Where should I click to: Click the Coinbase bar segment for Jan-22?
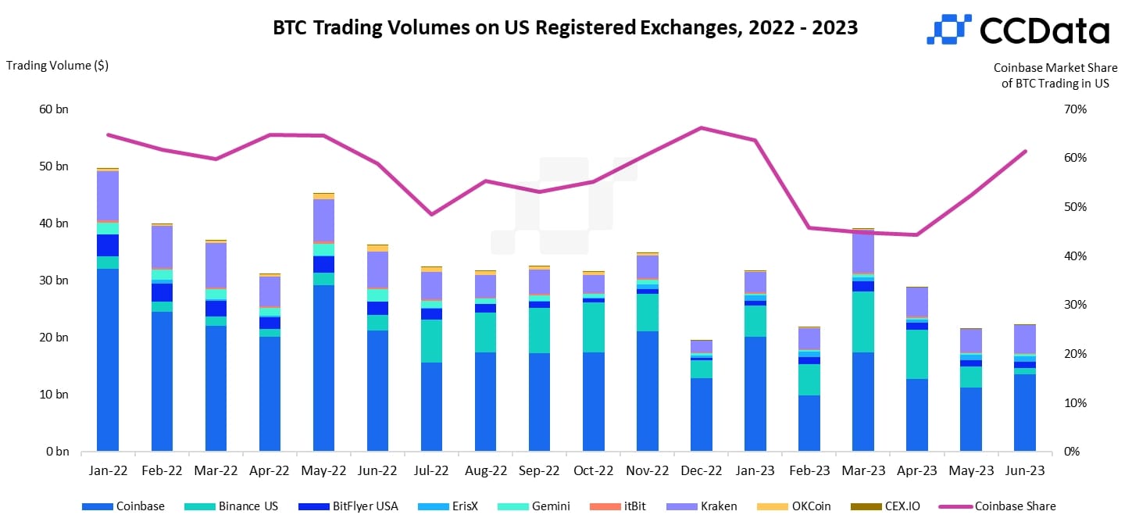pos(108,359)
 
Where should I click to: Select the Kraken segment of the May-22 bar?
pos(323,220)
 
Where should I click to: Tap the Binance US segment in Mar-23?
pos(863,322)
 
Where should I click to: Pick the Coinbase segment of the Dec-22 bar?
pos(702,414)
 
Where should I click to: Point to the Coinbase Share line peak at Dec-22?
pos(702,127)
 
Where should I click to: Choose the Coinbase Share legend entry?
pos(1014,506)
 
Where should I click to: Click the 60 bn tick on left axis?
pos(53,109)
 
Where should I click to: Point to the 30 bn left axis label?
pos(53,281)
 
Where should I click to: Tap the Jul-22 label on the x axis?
pos(431,471)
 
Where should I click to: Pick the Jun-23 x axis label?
pos(1025,471)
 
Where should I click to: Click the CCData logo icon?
pos(948,29)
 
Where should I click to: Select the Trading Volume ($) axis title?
pos(57,66)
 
